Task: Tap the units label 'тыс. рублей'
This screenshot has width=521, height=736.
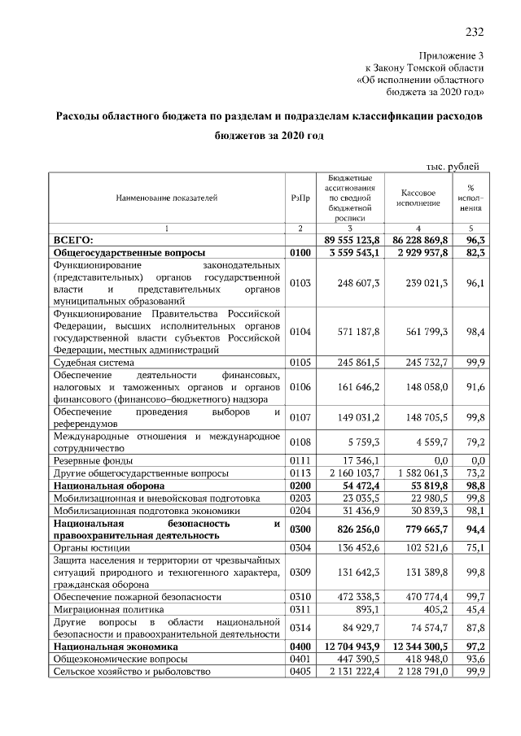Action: [453, 166]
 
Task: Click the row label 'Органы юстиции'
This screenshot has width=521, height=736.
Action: [89, 548]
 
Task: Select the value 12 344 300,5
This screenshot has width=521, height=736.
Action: [418, 646]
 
